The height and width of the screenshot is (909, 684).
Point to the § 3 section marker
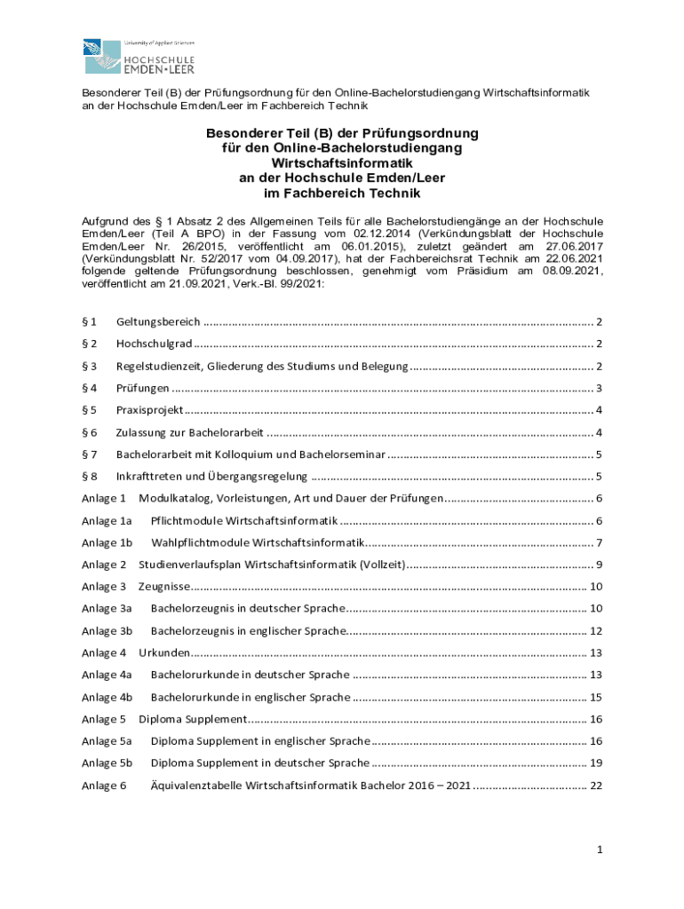click(x=89, y=366)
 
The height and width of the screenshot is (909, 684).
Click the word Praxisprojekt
click(x=149, y=409)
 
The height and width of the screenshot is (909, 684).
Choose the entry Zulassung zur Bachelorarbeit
click(x=189, y=432)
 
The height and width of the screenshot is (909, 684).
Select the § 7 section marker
click(x=89, y=454)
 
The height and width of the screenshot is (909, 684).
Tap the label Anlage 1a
click(x=107, y=520)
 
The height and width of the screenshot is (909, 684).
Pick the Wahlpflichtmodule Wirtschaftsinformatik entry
click(x=258, y=542)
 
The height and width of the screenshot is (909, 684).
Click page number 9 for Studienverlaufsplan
click(x=600, y=565)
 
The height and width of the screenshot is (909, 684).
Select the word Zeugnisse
click(x=164, y=587)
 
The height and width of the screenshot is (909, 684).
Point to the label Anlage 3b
click(x=107, y=631)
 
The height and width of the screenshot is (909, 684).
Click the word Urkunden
click(x=163, y=653)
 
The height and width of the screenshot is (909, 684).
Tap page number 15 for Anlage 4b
click(x=597, y=697)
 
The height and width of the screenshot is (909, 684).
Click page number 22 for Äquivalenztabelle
click(x=597, y=786)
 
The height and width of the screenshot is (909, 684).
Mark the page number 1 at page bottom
click(x=600, y=850)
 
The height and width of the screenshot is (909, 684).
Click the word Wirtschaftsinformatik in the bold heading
click(x=342, y=163)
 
